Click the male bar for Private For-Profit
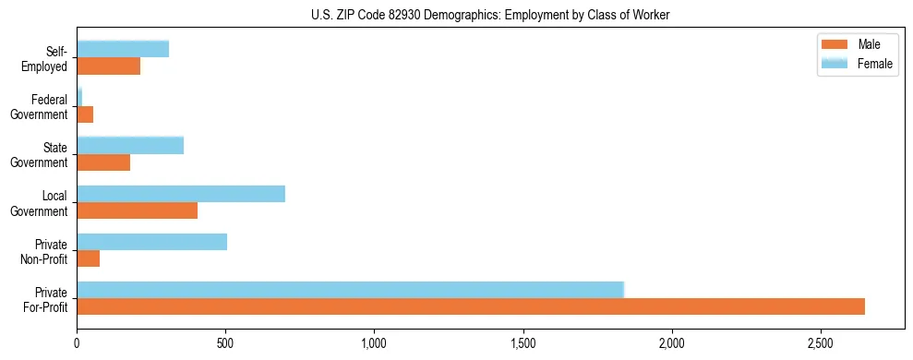(471, 306)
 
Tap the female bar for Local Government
(181, 193)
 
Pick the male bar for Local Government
(138, 210)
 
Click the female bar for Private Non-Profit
(152, 241)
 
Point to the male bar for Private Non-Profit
(89, 258)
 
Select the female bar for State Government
(130, 145)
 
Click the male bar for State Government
(103, 162)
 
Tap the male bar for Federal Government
(85, 114)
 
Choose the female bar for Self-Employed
(123, 49)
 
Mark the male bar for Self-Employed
(109, 66)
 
